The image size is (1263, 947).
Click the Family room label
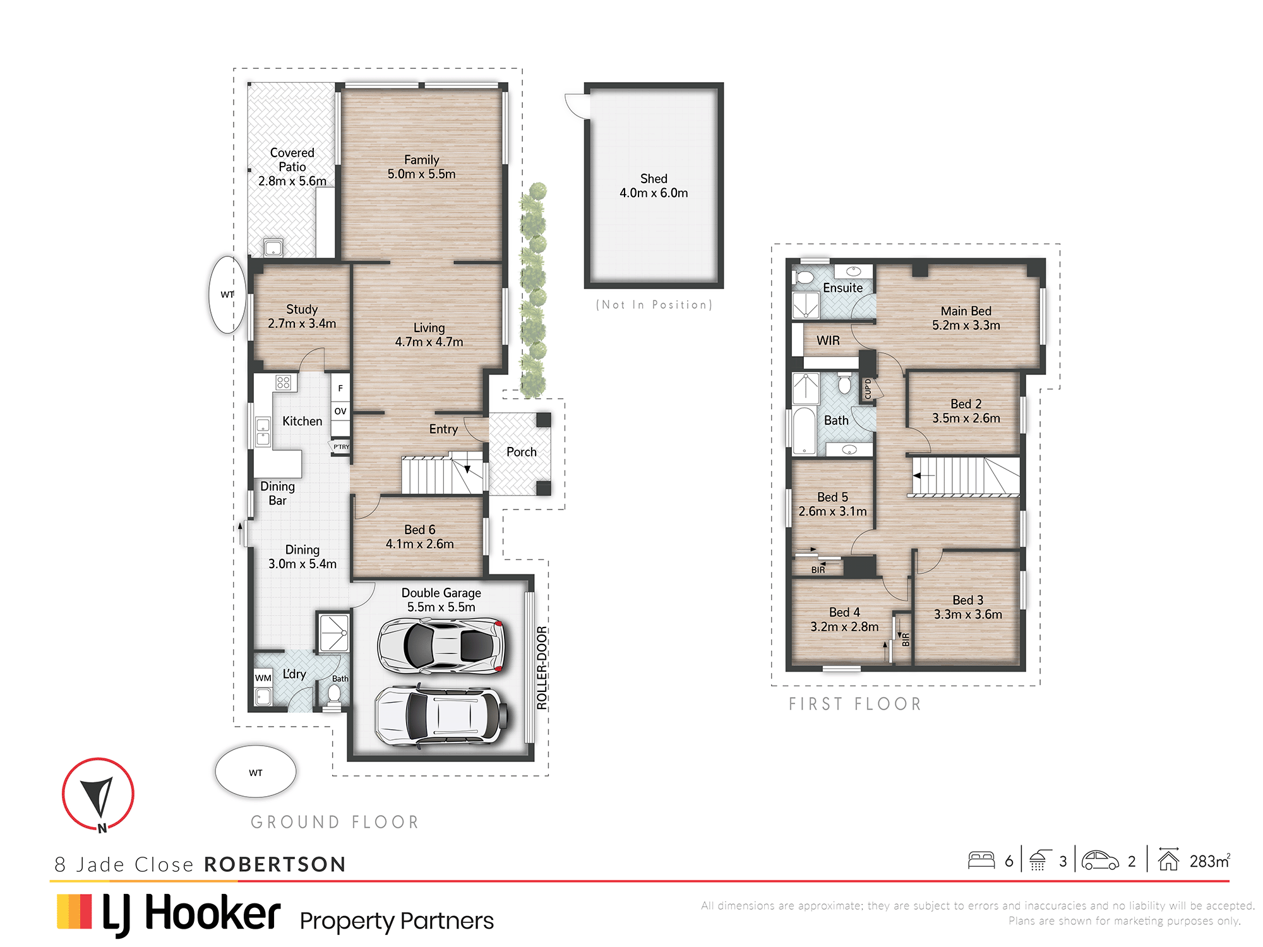pyautogui.click(x=421, y=160)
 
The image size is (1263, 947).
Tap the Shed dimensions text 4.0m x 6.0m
pyautogui.click(x=654, y=193)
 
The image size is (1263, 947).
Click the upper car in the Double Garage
pyautogui.click(x=441, y=645)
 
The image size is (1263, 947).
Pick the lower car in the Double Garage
pyautogui.click(x=441, y=716)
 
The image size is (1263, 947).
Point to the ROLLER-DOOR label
pyautogui.click(x=542, y=668)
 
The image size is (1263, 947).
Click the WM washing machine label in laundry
pyautogui.click(x=263, y=678)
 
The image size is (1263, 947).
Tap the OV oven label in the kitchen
pyautogui.click(x=340, y=411)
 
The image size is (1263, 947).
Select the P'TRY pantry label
pyautogui.click(x=341, y=446)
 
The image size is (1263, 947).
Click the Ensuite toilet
pyautogui.click(x=804, y=277)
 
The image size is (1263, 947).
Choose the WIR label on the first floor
pyautogui.click(x=828, y=341)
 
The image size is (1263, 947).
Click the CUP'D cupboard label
pyautogui.click(x=868, y=389)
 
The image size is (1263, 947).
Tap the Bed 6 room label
pyautogui.click(x=420, y=530)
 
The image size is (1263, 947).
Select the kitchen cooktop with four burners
pyautogui.click(x=283, y=382)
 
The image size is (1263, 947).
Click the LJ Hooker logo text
pyautogui.click(x=191, y=914)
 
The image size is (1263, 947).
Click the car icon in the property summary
pyautogui.click(x=1100, y=861)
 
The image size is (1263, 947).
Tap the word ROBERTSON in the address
pyautogui.click(x=275, y=864)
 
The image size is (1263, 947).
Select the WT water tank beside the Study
pyautogui.click(x=227, y=294)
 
